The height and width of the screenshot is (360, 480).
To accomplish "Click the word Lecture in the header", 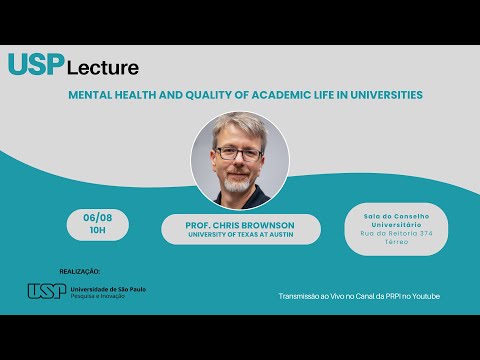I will [103, 68].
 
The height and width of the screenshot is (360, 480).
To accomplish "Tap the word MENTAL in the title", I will [89, 95].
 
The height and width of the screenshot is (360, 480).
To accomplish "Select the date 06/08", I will [97, 219].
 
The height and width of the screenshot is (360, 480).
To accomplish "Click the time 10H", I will [97, 230].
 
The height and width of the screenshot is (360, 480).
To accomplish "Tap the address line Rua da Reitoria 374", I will [396, 233].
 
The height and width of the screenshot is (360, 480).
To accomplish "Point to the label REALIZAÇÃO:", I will [81, 270].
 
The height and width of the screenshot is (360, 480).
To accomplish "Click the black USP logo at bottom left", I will [46, 290].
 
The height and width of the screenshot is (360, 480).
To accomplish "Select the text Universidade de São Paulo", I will [105, 288].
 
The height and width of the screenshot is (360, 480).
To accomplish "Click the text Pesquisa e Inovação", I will [98, 297].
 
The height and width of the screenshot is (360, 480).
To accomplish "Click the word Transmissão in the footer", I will [304, 296].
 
